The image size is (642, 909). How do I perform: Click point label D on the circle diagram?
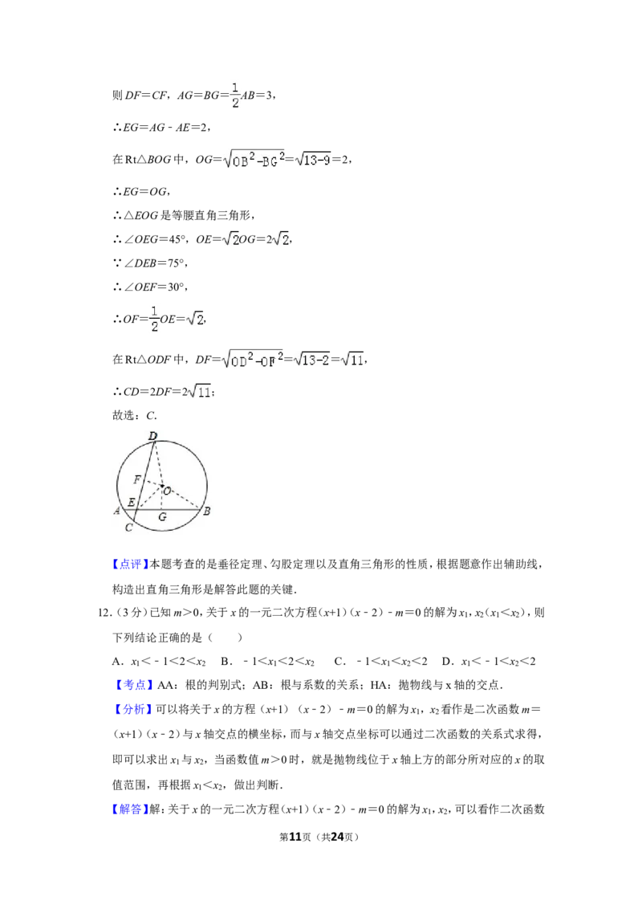pyautogui.click(x=153, y=435)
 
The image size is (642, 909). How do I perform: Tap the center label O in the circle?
pyautogui.click(x=168, y=491)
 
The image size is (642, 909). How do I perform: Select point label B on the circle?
pyautogui.click(x=206, y=512)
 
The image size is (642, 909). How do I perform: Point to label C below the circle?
pyautogui.click(x=128, y=528)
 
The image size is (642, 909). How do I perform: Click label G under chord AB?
pyautogui.click(x=162, y=516)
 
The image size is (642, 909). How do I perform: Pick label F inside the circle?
pyautogui.click(x=137, y=479)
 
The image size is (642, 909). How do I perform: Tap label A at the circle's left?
pyautogui.click(x=117, y=511)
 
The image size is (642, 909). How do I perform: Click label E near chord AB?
pyautogui.click(x=131, y=502)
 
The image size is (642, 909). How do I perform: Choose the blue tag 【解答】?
pyautogui.click(x=130, y=809)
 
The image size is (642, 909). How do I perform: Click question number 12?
pyautogui.click(x=104, y=613)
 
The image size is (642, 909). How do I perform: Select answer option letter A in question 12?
pyautogui.click(x=116, y=661)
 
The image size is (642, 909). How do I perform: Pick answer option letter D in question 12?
pyautogui.click(x=446, y=661)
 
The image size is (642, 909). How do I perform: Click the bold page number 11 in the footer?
pyautogui.click(x=295, y=837)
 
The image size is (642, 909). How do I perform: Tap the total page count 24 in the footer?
pyautogui.click(x=336, y=837)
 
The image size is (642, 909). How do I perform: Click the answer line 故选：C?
pyautogui.click(x=135, y=415)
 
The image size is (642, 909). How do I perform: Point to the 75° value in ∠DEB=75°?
pyautogui.click(x=177, y=263)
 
